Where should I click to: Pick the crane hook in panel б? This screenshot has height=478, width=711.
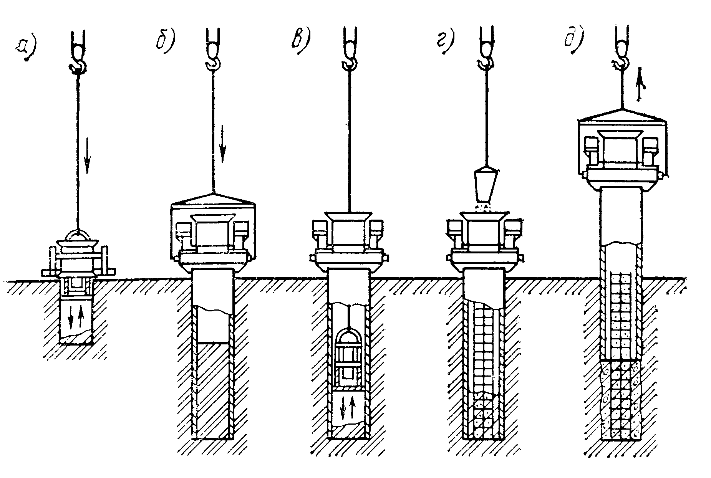[x=213, y=61]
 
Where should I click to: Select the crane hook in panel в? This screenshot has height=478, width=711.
[x=350, y=61]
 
